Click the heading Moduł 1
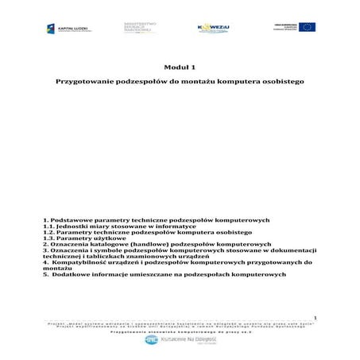point(180,67)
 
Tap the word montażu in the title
point(188,82)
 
